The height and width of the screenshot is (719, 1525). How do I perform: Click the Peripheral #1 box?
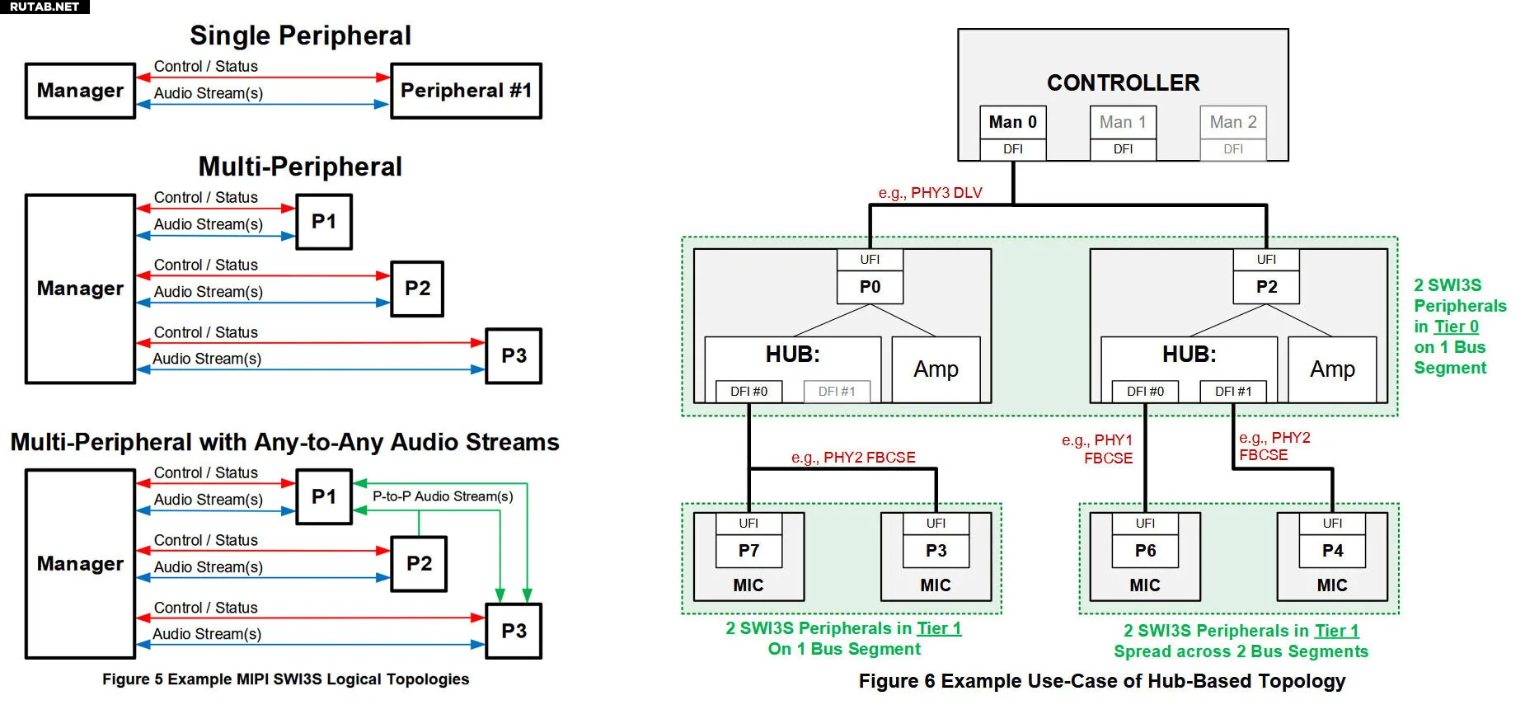tap(466, 91)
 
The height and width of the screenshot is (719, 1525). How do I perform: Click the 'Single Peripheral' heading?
tap(300, 35)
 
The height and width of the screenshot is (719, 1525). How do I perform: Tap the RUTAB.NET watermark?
tap(45, 7)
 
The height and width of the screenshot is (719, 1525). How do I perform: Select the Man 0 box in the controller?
tap(1012, 122)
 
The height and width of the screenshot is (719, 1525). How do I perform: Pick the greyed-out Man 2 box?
tap(1232, 122)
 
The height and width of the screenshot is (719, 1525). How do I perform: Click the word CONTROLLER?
tap(1123, 82)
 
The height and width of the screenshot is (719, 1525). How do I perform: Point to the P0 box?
tap(870, 287)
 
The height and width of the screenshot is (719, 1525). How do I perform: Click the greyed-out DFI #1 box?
tap(837, 392)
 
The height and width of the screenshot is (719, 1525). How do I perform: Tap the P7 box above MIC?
tap(748, 551)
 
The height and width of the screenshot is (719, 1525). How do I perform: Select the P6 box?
tap(1145, 551)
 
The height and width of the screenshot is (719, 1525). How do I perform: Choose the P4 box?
tap(1332, 551)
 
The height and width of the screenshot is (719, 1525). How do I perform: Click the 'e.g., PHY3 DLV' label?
tap(930, 193)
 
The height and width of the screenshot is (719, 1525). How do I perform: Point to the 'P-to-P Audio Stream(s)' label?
tap(443, 496)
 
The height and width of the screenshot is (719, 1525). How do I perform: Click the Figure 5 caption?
tap(285, 679)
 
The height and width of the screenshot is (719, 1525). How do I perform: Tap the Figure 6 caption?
tap(1101, 681)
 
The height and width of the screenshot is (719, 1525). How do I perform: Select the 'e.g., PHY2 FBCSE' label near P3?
tap(853, 458)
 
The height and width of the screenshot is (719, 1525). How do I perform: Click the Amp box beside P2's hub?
tap(1332, 369)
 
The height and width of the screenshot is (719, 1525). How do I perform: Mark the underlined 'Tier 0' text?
tap(1456, 327)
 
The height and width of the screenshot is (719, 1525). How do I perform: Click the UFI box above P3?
tap(936, 524)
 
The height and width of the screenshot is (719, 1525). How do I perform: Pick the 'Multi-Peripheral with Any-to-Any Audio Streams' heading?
tap(284, 443)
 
